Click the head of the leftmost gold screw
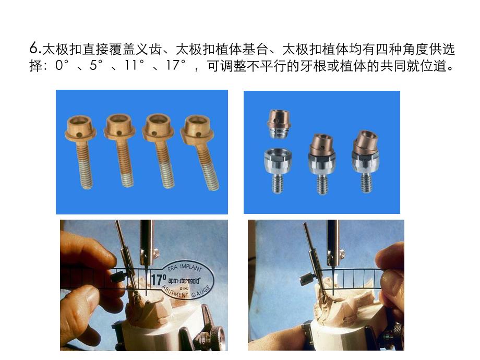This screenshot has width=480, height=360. (81, 128)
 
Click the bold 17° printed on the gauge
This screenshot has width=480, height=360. (158, 279)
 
